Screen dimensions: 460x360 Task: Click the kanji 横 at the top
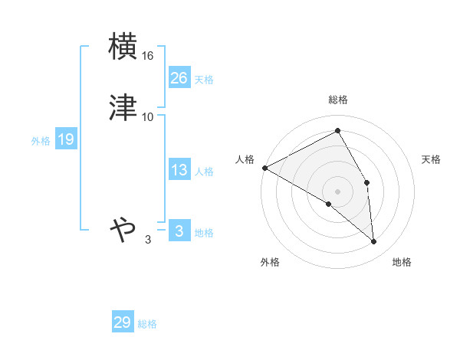click(123, 47)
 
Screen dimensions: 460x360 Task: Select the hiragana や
click(123, 229)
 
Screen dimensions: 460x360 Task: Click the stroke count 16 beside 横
click(149, 57)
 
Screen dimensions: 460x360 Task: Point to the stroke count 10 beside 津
click(148, 116)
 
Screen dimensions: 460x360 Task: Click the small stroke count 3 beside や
click(148, 240)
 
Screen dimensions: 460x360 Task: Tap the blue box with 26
click(179, 78)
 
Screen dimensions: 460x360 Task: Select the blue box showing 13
click(179, 171)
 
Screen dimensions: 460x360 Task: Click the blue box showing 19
click(66, 140)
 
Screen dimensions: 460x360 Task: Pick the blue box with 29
click(123, 322)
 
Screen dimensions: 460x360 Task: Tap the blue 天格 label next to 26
click(204, 80)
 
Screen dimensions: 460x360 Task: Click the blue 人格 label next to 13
click(204, 172)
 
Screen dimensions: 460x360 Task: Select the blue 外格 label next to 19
click(41, 141)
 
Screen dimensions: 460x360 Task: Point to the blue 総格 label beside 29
click(147, 324)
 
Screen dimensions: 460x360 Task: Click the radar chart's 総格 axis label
click(338, 100)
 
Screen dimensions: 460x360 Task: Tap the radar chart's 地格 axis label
click(402, 263)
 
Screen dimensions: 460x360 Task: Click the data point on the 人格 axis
click(264, 168)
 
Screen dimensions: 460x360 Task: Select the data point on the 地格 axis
click(374, 241)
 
